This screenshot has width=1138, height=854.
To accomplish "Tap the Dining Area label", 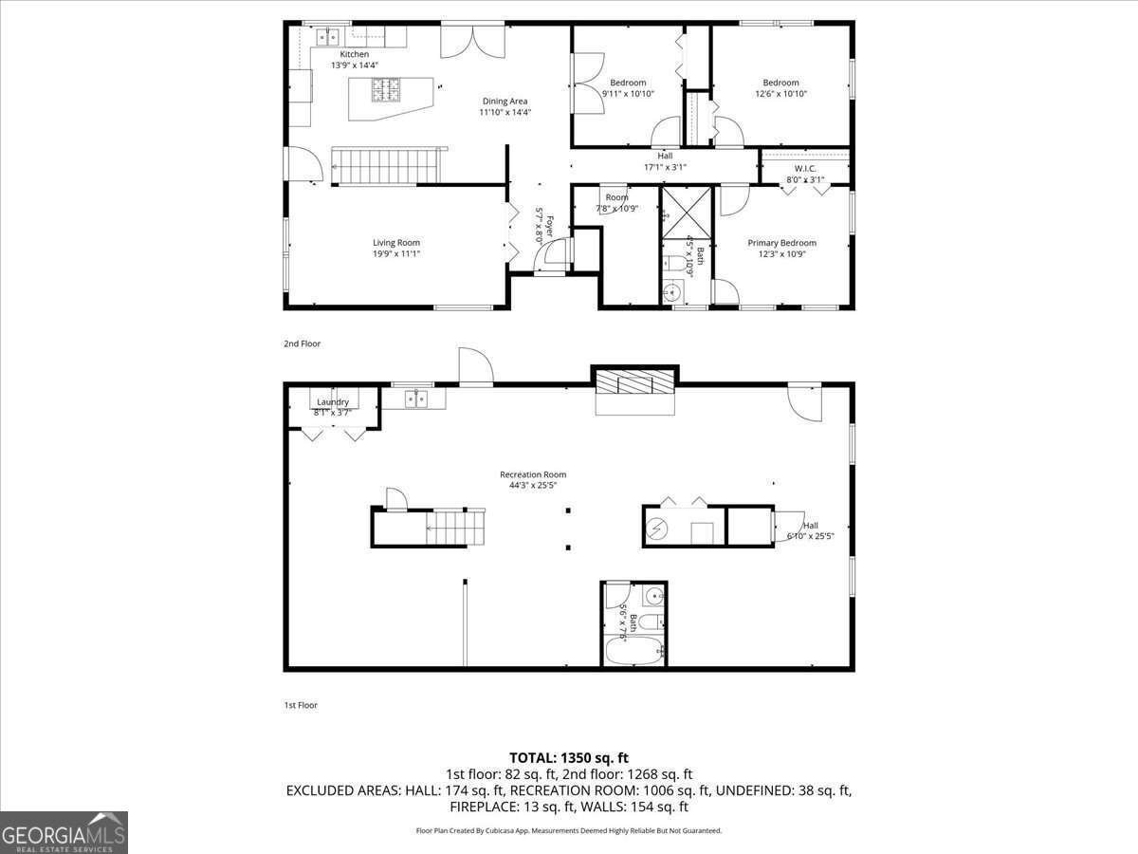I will click(x=505, y=102).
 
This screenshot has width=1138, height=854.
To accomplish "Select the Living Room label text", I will click(x=395, y=243).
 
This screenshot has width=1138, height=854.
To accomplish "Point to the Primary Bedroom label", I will click(x=781, y=243).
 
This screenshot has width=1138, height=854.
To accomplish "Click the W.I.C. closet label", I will click(x=804, y=169).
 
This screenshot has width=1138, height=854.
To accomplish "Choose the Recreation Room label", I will click(x=533, y=474).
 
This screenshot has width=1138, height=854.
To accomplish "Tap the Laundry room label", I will click(x=333, y=402).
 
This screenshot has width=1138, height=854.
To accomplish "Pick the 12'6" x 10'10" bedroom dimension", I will click(x=780, y=94).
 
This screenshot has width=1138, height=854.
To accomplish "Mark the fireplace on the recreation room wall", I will click(x=635, y=384).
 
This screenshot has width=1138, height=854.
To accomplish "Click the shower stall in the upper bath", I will click(x=686, y=210).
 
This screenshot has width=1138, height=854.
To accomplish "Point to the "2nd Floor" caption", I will click(x=303, y=343).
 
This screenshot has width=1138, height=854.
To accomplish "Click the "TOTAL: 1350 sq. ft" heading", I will click(x=569, y=757).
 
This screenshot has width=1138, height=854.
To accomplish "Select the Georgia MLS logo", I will click(x=64, y=832).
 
